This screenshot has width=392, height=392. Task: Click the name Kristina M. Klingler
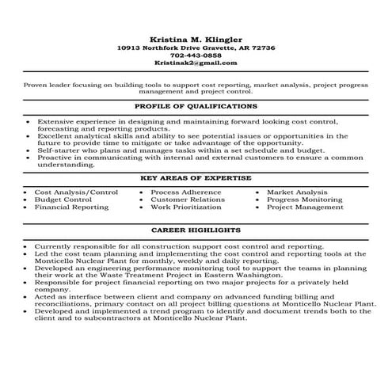coord(196,39)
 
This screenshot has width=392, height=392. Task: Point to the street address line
coord(196,48)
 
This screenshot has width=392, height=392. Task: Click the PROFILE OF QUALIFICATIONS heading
coord(196,105)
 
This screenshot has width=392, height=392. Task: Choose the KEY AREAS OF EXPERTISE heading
coord(196,179)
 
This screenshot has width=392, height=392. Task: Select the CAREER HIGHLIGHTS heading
coord(196,230)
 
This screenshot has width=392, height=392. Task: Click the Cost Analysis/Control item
coord(76,192)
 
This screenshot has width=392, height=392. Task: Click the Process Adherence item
coord(187,192)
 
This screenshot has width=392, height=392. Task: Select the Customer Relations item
coord(187,200)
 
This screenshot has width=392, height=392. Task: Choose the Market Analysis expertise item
coord(297,192)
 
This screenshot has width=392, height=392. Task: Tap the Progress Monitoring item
coord(304,200)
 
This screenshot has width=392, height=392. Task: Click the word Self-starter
coord(55,150)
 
